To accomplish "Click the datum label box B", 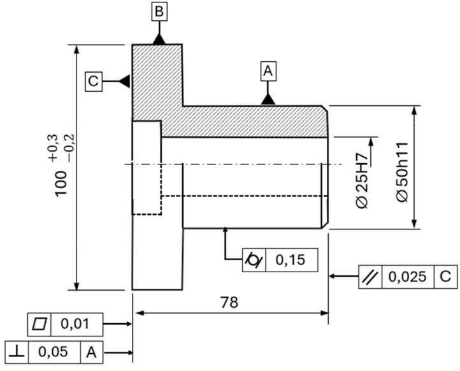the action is (159, 11).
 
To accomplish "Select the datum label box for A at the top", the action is (268, 71).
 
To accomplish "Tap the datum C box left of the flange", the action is (94, 82).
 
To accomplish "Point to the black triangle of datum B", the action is (159, 40).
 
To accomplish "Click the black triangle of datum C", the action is (124, 81).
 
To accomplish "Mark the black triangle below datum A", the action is (268, 99).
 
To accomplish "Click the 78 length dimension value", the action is (229, 303).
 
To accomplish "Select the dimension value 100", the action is (61, 184).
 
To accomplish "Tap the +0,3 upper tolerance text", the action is (53, 149).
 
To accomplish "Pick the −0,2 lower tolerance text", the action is (71, 149).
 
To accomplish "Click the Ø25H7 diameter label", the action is (363, 181).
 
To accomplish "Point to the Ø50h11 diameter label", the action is (402, 172).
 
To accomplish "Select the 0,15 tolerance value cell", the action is (292, 260).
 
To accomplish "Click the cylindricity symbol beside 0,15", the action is (254, 260).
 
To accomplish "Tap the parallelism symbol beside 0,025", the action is (370, 277).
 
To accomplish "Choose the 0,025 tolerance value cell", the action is (408, 277).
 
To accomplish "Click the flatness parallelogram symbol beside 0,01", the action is (40, 324).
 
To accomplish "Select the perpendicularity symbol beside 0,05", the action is (17, 353).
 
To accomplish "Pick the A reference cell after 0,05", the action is (92, 353).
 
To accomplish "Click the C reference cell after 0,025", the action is (445, 277).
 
